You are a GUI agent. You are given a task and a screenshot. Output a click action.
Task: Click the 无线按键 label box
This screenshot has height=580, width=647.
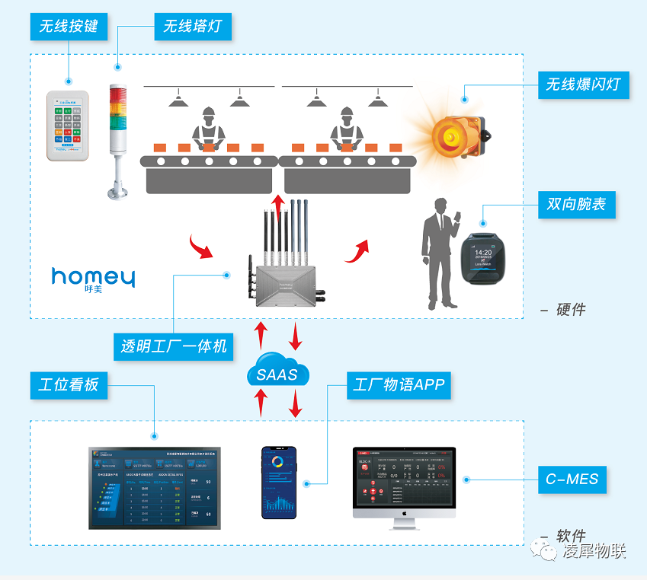click(69, 27)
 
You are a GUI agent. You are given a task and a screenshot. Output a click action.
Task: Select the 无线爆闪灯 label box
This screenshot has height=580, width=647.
click(585, 84)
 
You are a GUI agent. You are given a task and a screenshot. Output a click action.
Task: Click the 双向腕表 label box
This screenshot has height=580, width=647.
click(576, 205)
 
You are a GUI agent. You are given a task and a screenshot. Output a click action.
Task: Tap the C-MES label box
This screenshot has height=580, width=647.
click(572, 480)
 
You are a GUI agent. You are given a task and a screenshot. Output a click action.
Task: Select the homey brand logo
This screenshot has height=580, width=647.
click(93, 278)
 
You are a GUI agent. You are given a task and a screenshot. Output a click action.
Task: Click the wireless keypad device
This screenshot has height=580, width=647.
click(69, 126)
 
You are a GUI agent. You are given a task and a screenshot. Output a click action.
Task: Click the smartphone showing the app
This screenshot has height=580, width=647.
click(280, 483)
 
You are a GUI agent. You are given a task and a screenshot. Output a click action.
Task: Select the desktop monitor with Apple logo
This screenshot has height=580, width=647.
click(404, 485)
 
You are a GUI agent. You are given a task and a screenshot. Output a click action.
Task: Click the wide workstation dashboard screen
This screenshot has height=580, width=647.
click(154, 488)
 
